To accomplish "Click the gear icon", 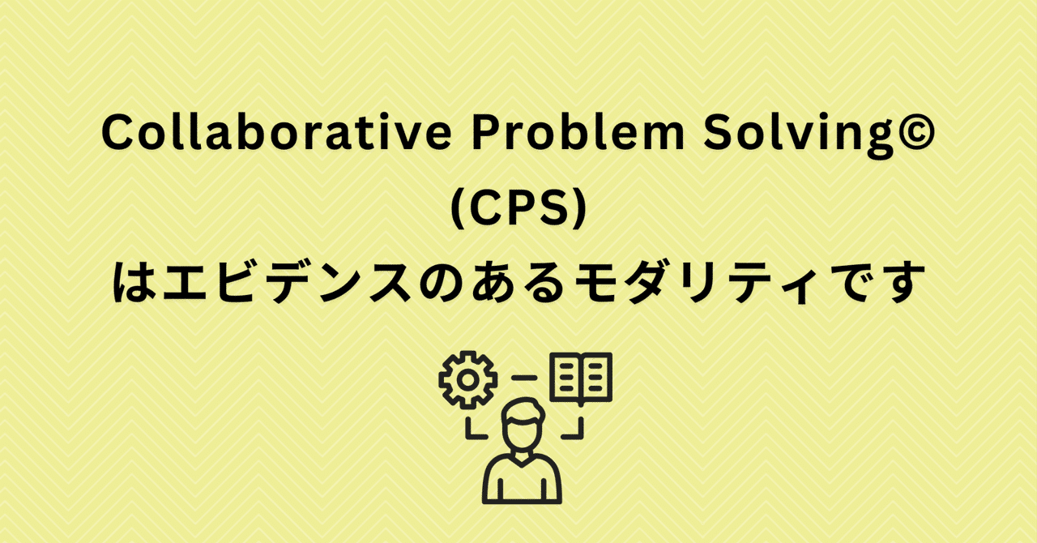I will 467,379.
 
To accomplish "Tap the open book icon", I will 581,379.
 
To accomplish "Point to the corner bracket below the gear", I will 472,429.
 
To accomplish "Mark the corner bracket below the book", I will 574,429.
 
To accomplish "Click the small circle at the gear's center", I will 467,379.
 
